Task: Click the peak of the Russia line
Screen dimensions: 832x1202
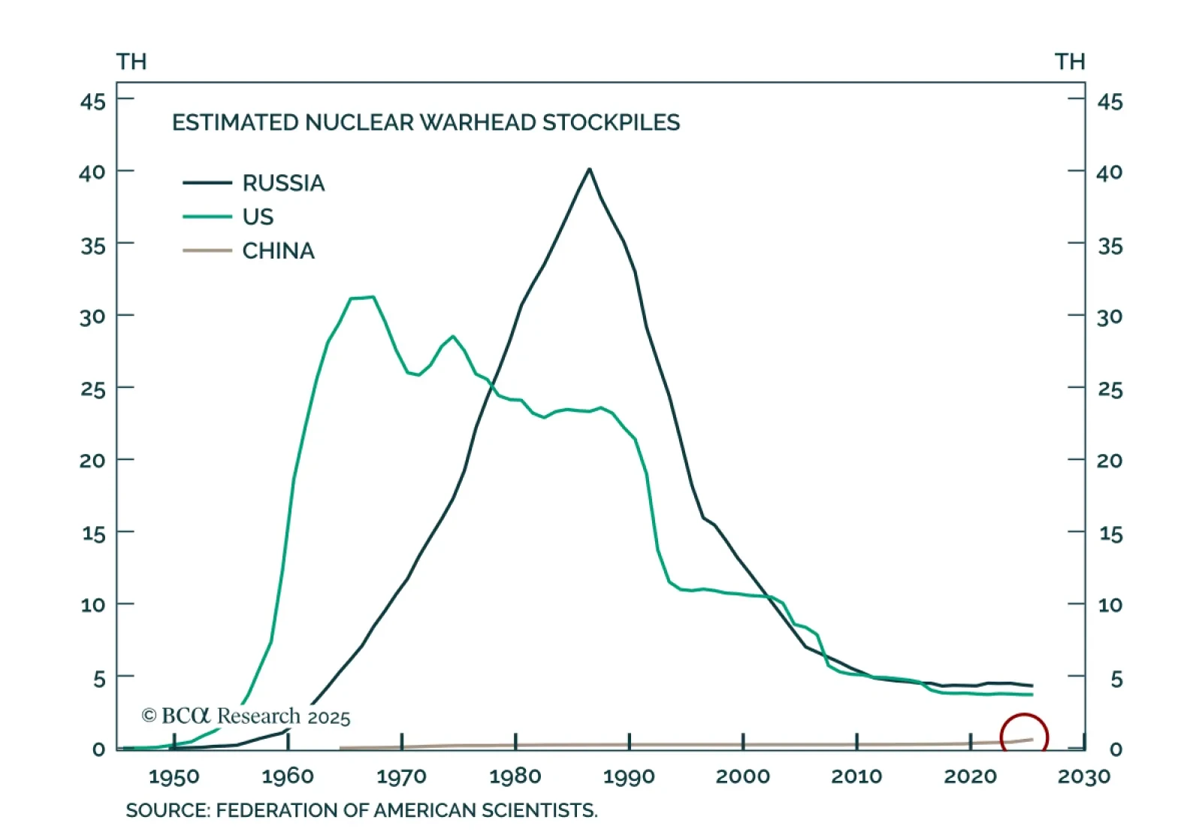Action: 590,169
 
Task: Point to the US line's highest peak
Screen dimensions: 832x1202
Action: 373,297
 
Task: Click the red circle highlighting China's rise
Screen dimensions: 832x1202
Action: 1024,737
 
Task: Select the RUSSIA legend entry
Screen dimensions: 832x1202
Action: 283,183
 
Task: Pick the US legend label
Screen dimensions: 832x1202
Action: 258,216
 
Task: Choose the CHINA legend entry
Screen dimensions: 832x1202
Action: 278,250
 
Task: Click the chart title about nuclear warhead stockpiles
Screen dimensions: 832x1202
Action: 426,123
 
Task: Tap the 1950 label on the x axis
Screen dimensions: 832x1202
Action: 174,776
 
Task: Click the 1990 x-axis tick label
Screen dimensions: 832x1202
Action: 629,776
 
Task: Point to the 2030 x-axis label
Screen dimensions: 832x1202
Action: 1083,776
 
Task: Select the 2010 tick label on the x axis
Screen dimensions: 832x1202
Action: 856,776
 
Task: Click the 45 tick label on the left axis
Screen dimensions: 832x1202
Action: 93,101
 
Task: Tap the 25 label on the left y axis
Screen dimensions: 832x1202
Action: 93,389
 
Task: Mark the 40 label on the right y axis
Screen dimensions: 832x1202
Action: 1110,173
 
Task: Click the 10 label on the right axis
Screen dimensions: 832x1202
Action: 1110,605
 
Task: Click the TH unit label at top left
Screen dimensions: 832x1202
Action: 131,62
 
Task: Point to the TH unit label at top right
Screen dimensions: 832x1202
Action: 1070,62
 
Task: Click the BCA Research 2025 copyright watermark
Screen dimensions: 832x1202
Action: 246,716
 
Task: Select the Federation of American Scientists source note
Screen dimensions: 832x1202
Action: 361,810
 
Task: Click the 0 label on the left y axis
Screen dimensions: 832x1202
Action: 98,749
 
